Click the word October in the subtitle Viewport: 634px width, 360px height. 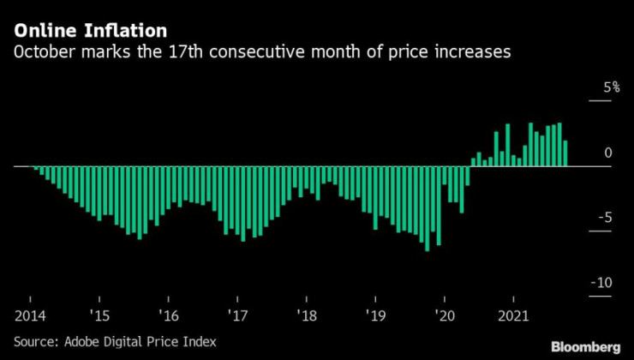(x=42, y=52)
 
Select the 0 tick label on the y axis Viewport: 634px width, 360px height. (x=608, y=153)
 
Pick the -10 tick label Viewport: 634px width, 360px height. (x=603, y=283)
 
